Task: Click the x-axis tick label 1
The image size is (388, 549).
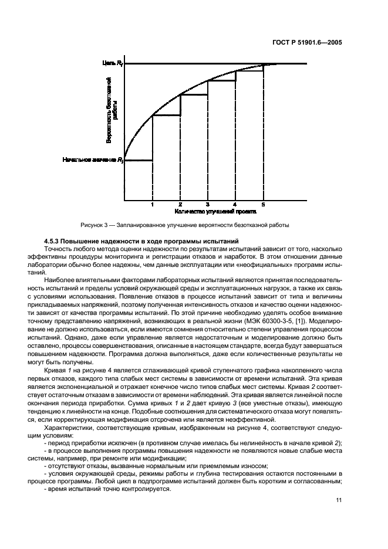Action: pos(152,204)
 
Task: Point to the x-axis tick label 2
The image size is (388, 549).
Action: pos(180,204)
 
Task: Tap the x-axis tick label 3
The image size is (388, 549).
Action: pos(208,204)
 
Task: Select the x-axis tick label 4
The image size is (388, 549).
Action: pos(235,204)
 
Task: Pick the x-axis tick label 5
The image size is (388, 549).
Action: pos(263,204)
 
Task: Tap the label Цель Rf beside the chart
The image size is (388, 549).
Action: pos(112,62)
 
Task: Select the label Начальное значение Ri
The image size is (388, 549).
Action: pos(93,160)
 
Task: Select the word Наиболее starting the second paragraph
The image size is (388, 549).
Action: pos(59,282)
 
